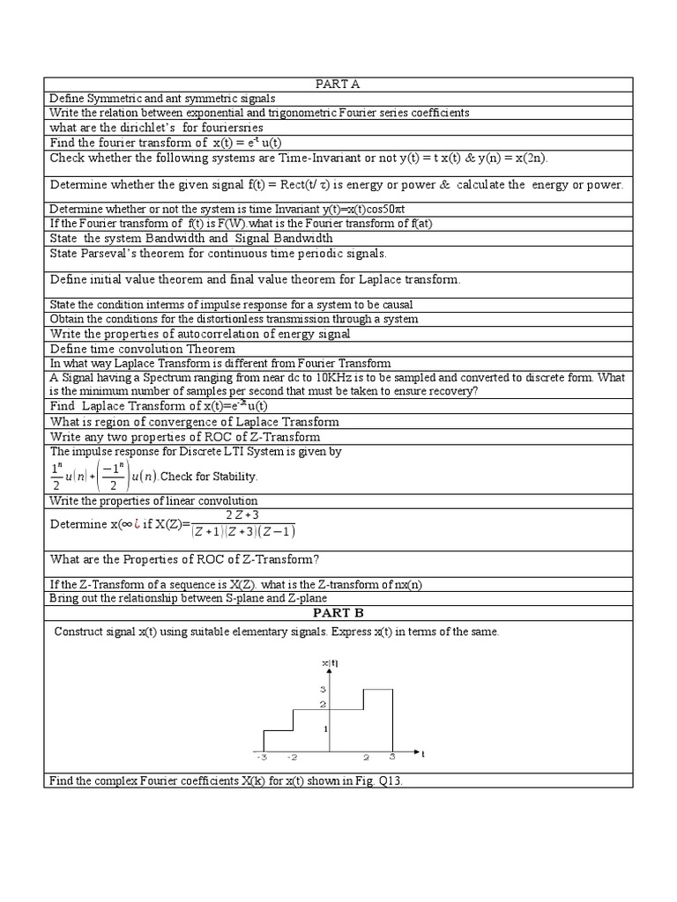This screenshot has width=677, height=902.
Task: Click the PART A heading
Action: point(338,84)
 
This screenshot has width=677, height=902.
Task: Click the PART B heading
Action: point(338,612)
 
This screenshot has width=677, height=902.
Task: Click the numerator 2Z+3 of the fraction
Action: point(242,515)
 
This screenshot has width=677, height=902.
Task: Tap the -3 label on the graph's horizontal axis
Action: point(261,757)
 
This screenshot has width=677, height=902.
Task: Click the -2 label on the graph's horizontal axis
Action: point(293,757)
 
